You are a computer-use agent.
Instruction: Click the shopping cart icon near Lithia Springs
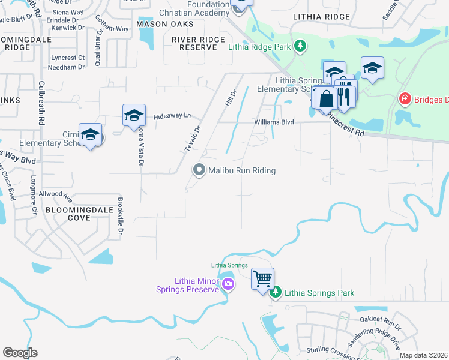pyautogui.click(x=262, y=278)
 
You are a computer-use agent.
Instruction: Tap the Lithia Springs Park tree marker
pyautogui.click(x=276, y=293)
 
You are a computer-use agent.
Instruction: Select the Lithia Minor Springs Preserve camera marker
pyautogui.click(x=228, y=284)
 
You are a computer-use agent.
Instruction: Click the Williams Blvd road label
pyautogui.click(x=274, y=122)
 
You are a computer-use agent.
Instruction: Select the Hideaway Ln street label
pyautogui.click(x=171, y=116)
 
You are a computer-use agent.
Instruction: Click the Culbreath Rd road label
pyautogui.click(x=41, y=103)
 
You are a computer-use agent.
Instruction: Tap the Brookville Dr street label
pyautogui.click(x=121, y=216)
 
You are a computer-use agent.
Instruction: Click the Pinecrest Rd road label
pyautogui.click(x=347, y=125)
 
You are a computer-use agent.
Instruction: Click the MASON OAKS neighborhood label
pyautogui.click(x=165, y=24)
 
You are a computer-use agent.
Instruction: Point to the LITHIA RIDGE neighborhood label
pyautogui.click(x=321, y=18)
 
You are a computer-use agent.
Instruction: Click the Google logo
pyautogui.click(x=20, y=353)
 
